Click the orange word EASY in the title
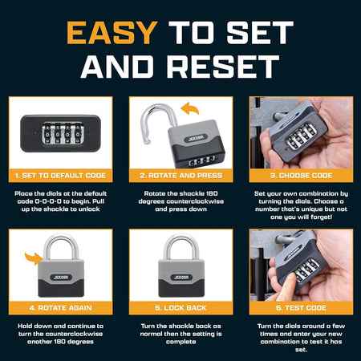coord(112,33)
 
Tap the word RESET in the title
coord(223,67)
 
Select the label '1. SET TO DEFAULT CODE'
coord(60,176)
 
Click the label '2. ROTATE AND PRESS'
coord(181,176)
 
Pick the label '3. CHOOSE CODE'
coord(301,176)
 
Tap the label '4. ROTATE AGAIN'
coord(60,308)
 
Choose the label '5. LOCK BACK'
coord(181,308)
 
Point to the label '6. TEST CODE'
coord(301,308)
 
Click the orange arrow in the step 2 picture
coord(190,107)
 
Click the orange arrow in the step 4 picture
coord(34,258)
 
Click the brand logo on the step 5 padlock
coord(181,278)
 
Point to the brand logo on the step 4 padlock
coord(61,278)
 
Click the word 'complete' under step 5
coord(181,342)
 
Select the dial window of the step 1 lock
coord(63,133)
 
